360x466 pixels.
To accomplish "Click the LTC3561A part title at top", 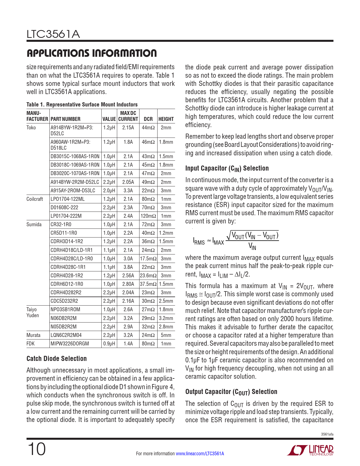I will coord(53,34).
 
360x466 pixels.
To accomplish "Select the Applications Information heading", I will coord(91,53).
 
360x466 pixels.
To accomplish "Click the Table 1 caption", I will coord(82,104).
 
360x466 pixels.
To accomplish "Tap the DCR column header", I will coord(148,119).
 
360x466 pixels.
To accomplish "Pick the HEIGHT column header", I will coord(166,119).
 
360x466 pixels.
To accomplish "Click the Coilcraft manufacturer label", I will coord(34,199).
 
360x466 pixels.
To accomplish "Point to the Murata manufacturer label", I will coord(33,335).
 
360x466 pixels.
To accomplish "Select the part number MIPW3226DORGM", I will coord(69,344).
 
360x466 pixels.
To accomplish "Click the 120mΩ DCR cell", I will coord(148,216).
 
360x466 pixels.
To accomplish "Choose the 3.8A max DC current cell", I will coord(128,267).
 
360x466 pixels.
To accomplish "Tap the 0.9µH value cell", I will coord(109,344).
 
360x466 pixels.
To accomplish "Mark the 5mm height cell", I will coord(166,335).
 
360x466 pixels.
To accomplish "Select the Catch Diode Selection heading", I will coord(56,359).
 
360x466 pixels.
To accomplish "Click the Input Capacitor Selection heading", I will coord(227,168).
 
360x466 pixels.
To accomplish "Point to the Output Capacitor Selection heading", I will coord(231,392).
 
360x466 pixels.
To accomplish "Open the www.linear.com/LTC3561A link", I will coord(200,454).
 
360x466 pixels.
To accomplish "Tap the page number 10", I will coord(36,449).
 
